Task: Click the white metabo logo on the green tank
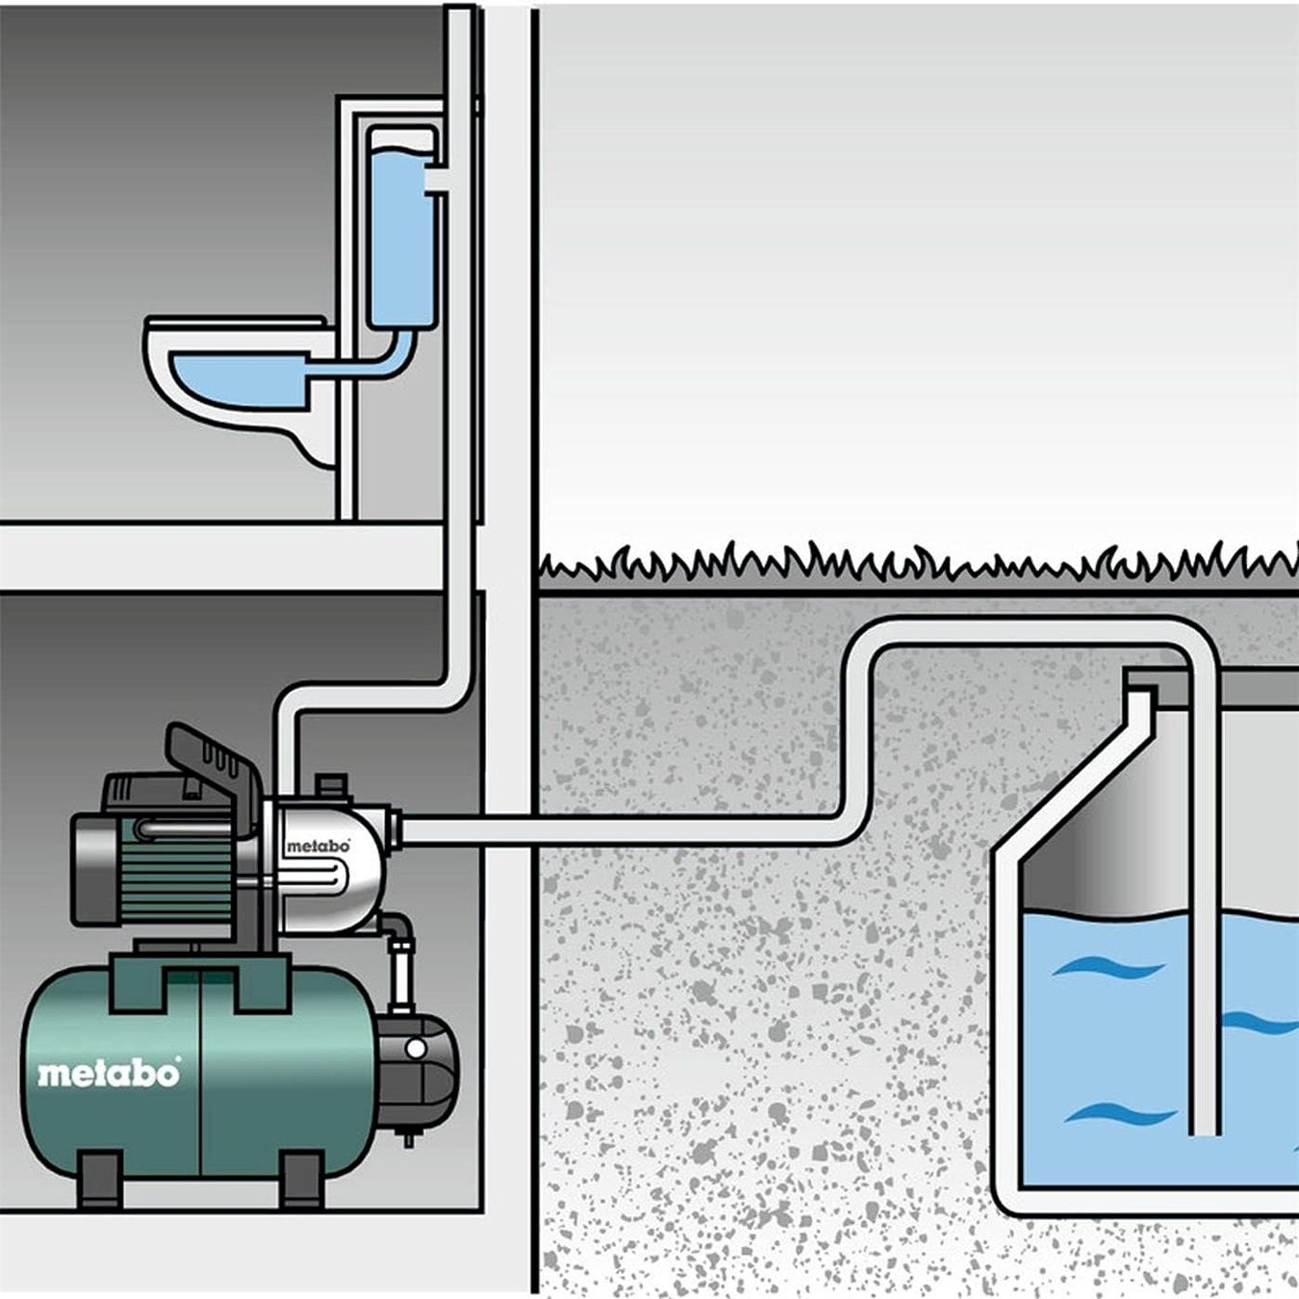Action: click(109, 1072)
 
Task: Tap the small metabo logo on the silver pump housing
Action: click(318, 846)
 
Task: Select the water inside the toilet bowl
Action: click(236, 377)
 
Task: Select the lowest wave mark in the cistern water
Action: click(1121, 1116)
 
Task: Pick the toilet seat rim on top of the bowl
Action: click(231, 327)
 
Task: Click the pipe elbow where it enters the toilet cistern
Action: click(438, 183)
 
